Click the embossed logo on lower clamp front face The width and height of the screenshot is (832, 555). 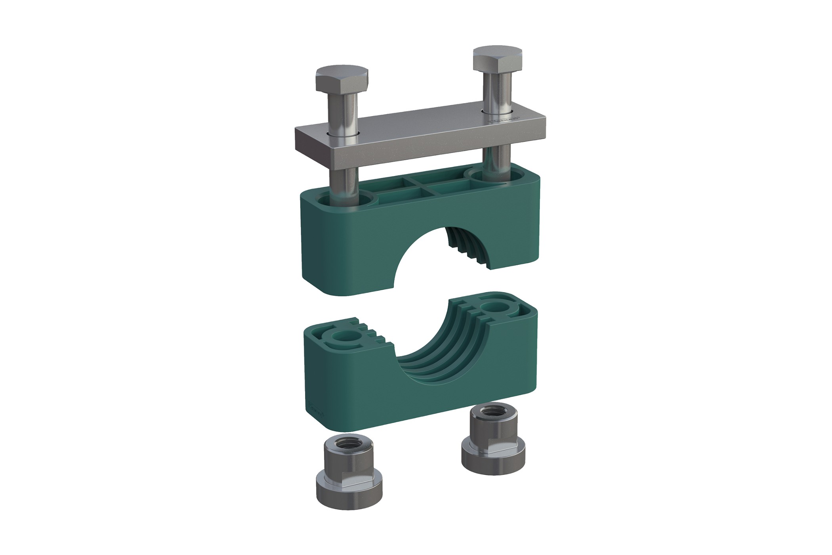316,412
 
